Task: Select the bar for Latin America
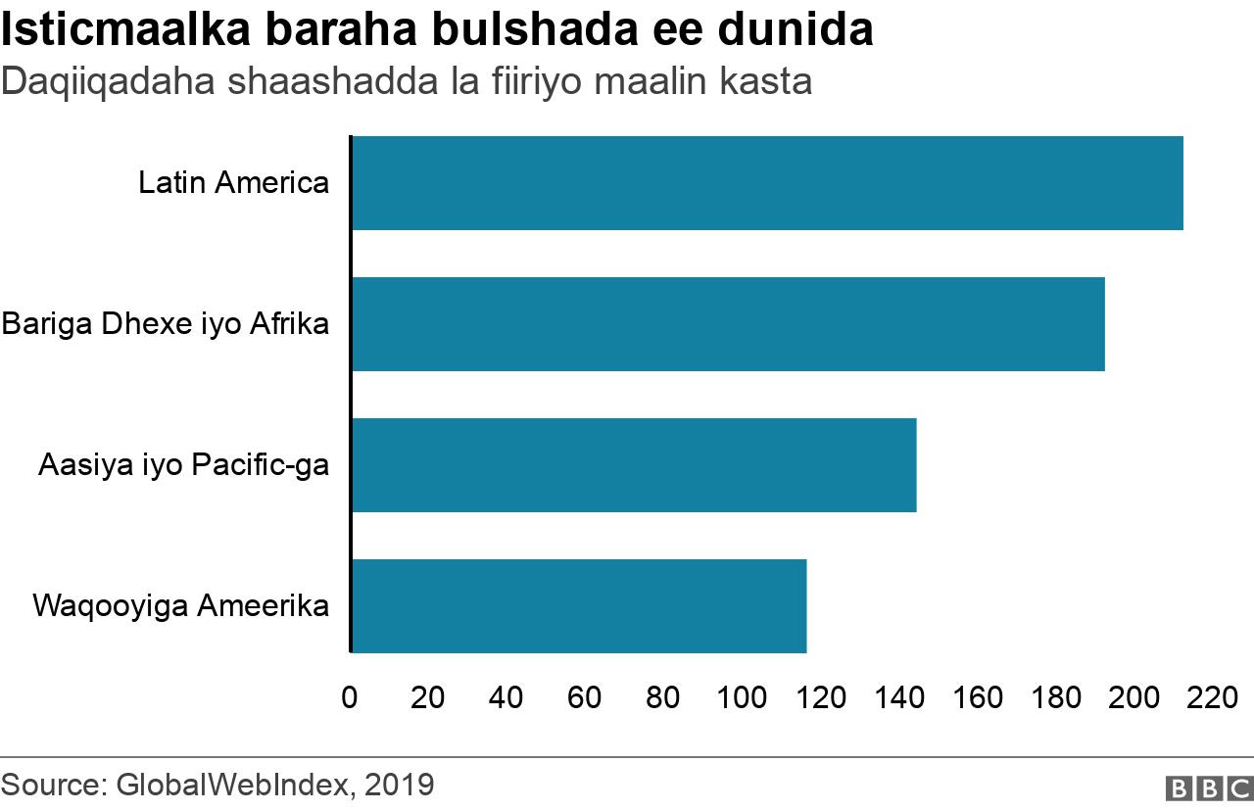766,183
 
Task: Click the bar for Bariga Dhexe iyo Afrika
727,324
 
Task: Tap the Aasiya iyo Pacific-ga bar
633,465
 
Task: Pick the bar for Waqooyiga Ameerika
578,606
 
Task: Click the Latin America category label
233,183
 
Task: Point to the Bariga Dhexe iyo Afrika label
165,324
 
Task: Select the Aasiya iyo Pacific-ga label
183,465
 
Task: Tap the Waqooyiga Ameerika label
180,606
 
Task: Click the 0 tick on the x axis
350,697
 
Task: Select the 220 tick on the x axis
1213,697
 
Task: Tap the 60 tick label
585,697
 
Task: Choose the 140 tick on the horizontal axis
899,697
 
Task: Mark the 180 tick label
1056,697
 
